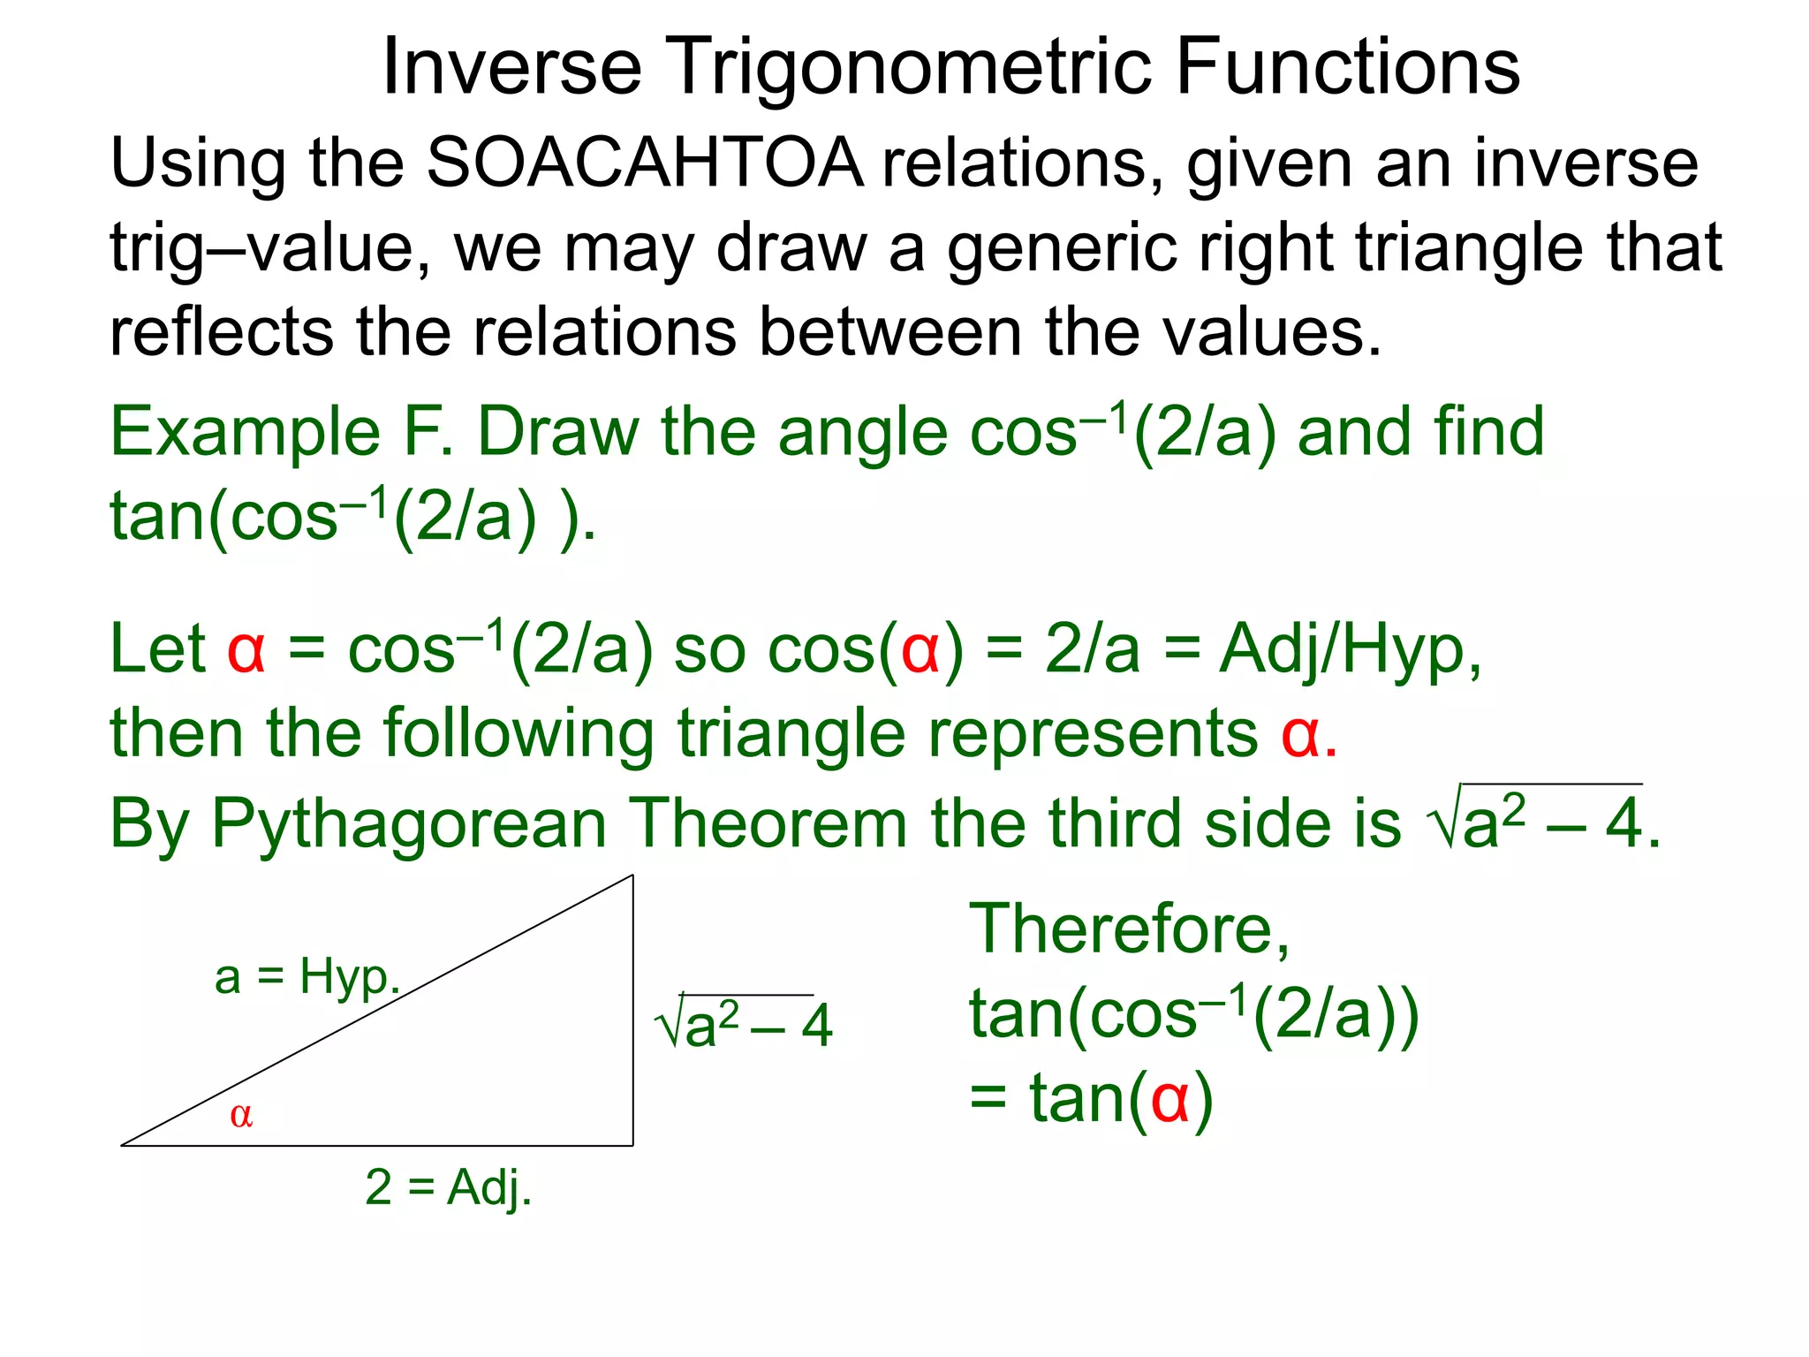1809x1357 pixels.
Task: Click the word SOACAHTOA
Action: click(x=645, y=163)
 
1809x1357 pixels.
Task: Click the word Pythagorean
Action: click(x=409, y=824)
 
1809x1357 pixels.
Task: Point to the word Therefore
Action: click(x=1129, y=929)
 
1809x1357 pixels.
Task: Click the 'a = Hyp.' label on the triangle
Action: click(x=307, y=978)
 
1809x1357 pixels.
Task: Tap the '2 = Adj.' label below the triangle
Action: click(x=449, y=1187)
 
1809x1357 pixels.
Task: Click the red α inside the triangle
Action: click(x=241, y=1116)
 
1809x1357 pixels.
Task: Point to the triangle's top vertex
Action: click(x=632, y=876)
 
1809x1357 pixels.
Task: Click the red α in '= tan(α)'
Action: click(x=1169, y=1102)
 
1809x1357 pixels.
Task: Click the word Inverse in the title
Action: click(x=511, y=69)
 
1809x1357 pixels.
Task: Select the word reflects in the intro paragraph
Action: click(x=221, y=333)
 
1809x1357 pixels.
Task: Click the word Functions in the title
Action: click(x=1348, y=69)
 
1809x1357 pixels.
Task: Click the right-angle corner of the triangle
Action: click(x=632, y=1145)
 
